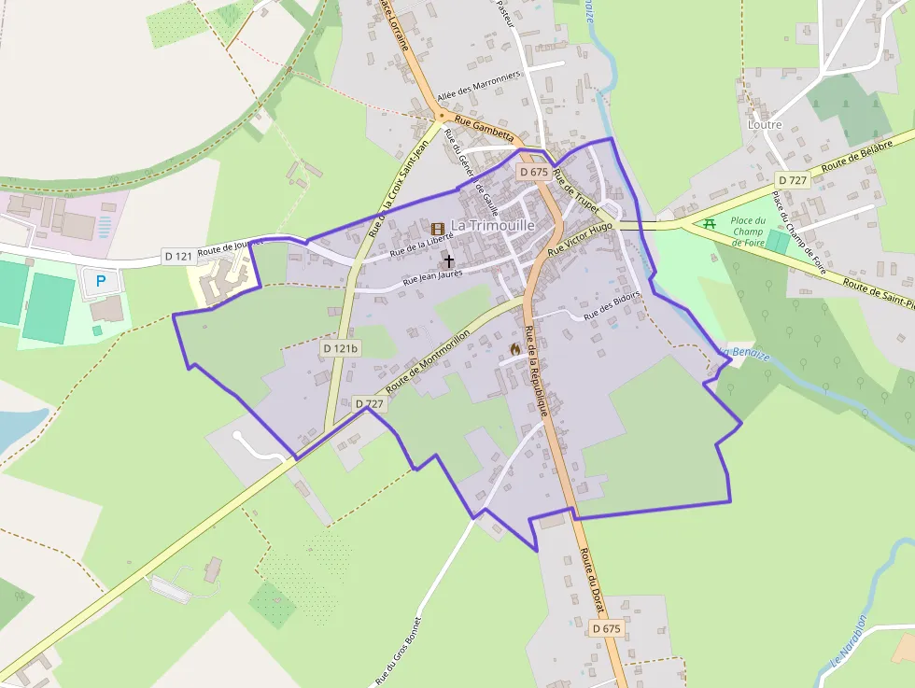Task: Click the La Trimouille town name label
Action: pos(493,226)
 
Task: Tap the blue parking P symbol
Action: pos(102,280)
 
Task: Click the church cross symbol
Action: pos(449,261)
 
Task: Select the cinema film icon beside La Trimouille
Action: pos(437,228)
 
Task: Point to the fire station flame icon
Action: pos(514,348)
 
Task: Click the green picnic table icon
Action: pos(710,223)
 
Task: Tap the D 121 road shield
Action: pos(177,256)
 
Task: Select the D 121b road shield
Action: pos(341,348)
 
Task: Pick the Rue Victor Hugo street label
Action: pos(580,239)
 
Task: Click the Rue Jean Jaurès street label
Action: pos(432,276)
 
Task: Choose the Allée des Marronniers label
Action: pos(478,88)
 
